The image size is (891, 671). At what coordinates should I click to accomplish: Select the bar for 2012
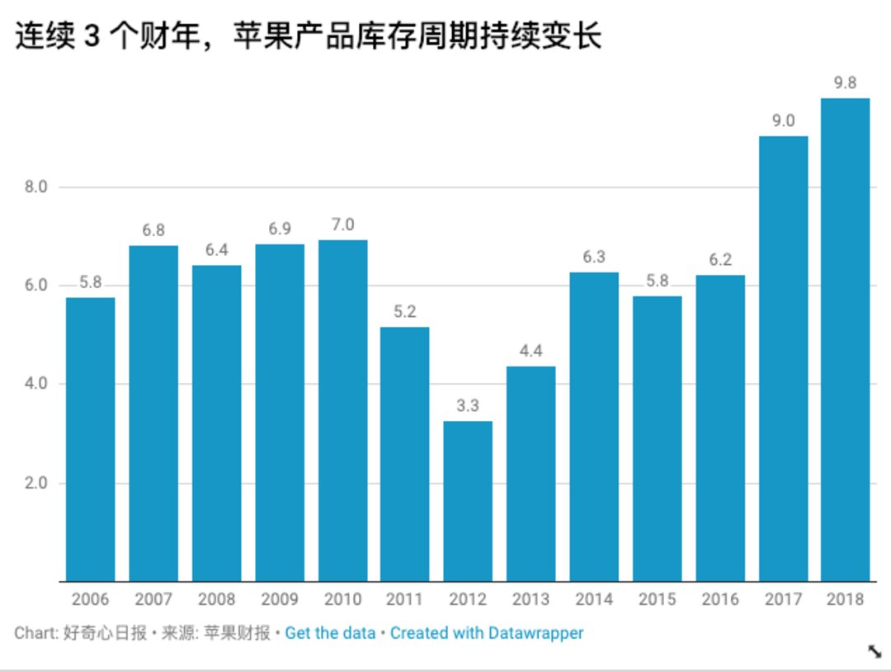(x=468, y=501)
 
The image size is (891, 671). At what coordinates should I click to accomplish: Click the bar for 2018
(x=845, y=339)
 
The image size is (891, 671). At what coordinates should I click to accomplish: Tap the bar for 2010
(x=342, y=410)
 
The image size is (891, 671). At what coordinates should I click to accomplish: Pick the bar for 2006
(x=90, y=439)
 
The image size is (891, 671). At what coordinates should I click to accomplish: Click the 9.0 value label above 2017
(x=783, y=120)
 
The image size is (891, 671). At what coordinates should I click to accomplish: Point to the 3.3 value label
(x=468, y=406)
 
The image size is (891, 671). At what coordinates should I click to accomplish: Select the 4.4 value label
(x=530, y=351)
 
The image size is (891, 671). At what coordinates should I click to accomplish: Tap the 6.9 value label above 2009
(x=279, y=229)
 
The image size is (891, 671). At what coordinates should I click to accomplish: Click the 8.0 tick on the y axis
(x=35, y=187)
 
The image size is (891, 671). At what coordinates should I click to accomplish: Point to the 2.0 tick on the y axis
(x=35, y=483)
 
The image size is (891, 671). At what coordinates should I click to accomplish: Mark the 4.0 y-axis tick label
(x=35, y=384)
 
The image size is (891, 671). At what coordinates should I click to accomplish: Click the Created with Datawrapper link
(x=487, y=634)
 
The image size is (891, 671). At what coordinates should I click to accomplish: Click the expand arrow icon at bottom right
(x=874, y=651)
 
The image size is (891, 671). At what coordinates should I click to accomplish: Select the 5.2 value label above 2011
(x=405, y=312)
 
